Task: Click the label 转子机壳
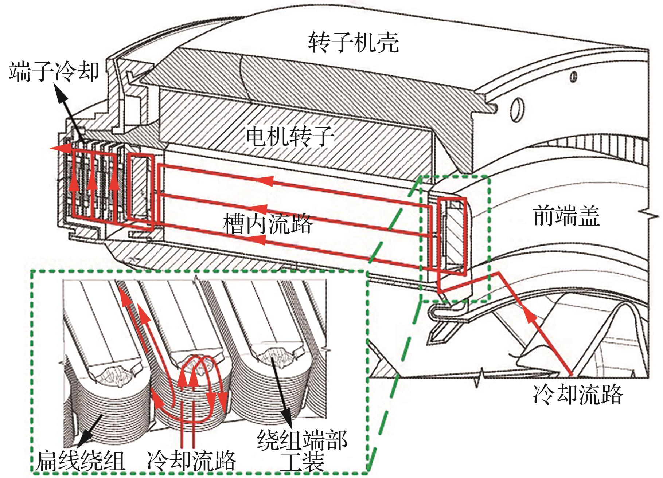(x=353, y=43)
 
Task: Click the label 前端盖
(x=566, y=216)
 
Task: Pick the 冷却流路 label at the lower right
(x=577, y=394)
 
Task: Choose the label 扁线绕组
(x=80, y=461)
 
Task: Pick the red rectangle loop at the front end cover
(x=452, y=237)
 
